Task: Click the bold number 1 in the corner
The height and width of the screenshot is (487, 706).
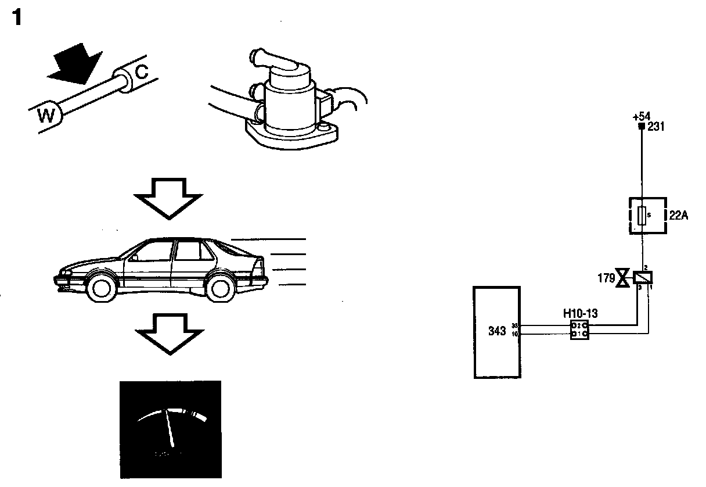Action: click(17, 19)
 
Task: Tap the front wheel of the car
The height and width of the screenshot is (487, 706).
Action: click(102, 288)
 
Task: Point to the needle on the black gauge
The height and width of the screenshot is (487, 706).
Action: click(170, 427)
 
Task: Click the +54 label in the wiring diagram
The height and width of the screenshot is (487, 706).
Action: click(641, 117)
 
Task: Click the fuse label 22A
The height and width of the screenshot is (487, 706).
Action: click(679, 215)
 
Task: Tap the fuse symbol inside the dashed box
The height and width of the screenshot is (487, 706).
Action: click(641, 216)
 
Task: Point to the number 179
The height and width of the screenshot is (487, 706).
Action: click(606, 278)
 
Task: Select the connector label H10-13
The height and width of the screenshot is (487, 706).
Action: click(580, 314)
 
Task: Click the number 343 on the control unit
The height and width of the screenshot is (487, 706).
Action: click(498, 331)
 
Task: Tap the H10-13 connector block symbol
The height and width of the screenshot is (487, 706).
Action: click(579, 330)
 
